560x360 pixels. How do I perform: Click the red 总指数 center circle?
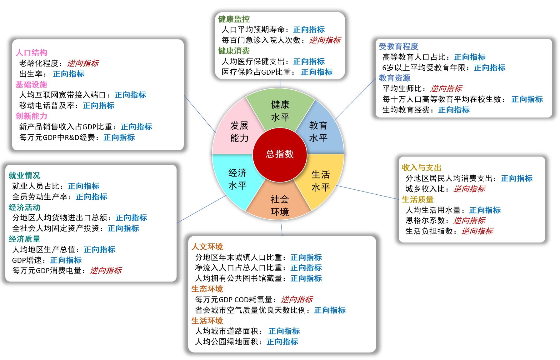[x=280, y=154]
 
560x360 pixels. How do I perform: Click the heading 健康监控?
[x=234, y=19]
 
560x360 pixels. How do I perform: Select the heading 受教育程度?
[x=398, y=46]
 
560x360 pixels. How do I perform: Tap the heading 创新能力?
[x=31, y=116]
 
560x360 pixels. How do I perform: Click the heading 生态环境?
[x=207, y=289]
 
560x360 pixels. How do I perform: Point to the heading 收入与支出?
[x=422, y=167]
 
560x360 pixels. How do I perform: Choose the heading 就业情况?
[x=24, y=175]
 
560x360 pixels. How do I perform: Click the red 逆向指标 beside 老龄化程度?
[x=83, y=63]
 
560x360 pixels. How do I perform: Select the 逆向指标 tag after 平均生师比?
[x=446, y=88]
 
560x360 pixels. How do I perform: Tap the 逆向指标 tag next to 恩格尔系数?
[x=469, y=220]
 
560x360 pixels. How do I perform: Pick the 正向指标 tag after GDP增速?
[x=66, y=260]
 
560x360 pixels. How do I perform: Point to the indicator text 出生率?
[x=31, y=74]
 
